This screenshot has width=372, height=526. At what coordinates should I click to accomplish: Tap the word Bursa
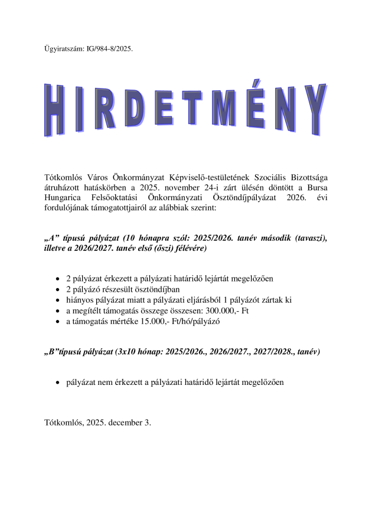pos(315,186)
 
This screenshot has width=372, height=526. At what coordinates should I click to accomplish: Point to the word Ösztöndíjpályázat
pos(225,196)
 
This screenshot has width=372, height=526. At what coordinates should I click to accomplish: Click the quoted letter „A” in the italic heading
pos(53,239)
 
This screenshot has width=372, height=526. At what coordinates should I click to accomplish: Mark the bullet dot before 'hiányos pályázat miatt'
pos(57,300)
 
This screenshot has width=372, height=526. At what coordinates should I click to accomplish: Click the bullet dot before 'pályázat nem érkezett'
pos(57,383)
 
